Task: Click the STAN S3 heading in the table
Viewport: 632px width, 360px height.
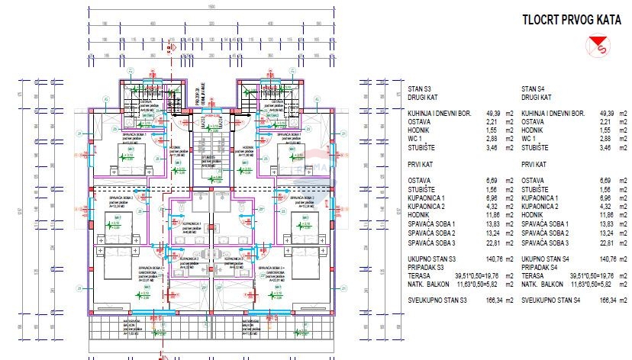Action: coord(421,88)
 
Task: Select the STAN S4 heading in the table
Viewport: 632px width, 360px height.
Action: coord(534,88)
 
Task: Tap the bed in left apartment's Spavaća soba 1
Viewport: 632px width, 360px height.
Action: coord(124,158)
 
